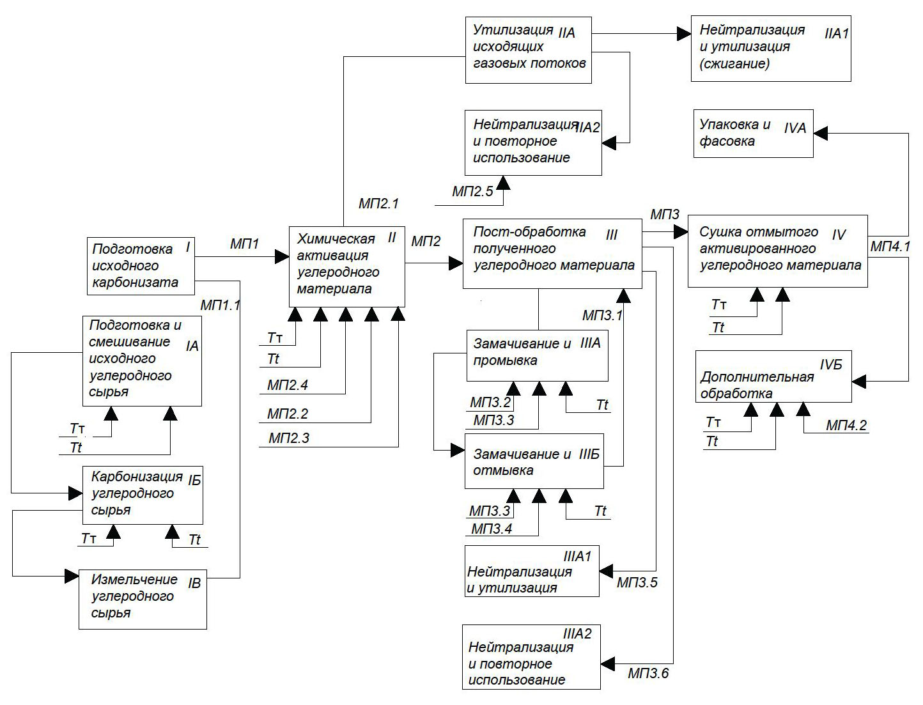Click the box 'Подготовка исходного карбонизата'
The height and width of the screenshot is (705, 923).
point(140,266)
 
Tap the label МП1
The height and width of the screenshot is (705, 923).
point(244,244)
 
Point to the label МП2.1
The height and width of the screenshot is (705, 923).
point(378,204)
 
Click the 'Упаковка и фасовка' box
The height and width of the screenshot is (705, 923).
point(753,133)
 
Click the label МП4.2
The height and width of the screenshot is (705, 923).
point(846,425)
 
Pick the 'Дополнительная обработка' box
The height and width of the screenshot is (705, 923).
point(773,376)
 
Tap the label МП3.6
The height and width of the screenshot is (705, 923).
point(648,673)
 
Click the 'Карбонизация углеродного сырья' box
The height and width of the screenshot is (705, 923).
point(143,495)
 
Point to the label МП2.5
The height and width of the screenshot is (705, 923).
point(472,191)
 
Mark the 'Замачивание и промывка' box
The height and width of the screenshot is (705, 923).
point(536,355)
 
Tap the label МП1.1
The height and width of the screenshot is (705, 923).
point(220,305)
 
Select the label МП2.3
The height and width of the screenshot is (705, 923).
point(289,438)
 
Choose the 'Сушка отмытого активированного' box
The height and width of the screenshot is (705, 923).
point(777,251)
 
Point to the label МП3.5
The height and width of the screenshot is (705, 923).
point(637,583)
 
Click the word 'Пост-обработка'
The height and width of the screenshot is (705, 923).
point(529,231)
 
